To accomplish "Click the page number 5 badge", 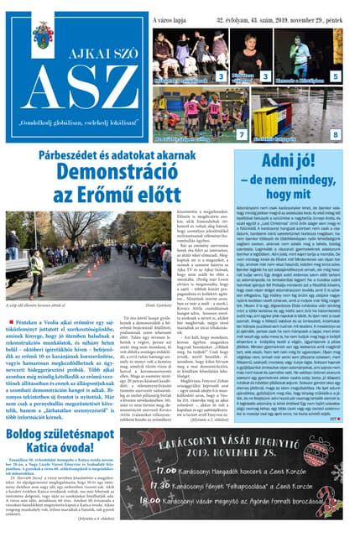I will (335, 76).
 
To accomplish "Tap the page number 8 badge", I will (335, 134).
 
